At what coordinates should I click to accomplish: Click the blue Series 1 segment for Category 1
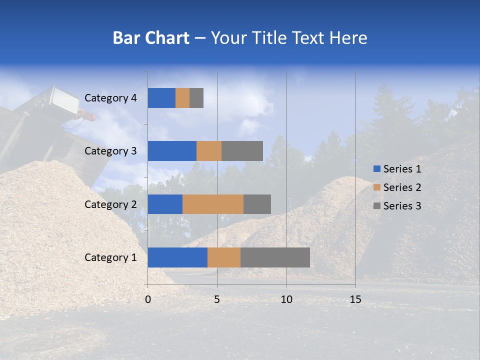pyautogui.click(x=177, y=257)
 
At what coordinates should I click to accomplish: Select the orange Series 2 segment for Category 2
pyautogui.click(x=213, y=204)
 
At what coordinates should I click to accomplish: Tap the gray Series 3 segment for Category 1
pyautogui.click(x=275, y=257)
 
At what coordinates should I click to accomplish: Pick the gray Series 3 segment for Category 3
pyautogui.click(x=242, y=151)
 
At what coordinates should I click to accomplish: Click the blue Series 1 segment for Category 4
pyautogui.click(x=161, y=98)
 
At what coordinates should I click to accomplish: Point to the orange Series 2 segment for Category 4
pyautogui.click(x=182, y=98)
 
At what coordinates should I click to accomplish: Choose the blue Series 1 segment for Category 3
pyautogui.click(x=172, y=151)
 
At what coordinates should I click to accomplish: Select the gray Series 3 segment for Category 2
pyautogui.click(x=257, y=204)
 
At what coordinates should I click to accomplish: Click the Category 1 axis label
pyautogui.click(x=110, y=257)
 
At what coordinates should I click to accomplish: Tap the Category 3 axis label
pyautogui.click(x=110, y=151)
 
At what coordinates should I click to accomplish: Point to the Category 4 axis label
pyautogui.click(x=110, y=98)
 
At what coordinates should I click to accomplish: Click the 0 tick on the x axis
pyautogui.click(x=148, y=299)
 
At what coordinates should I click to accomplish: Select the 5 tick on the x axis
pyautogui.click(x=217, y=299)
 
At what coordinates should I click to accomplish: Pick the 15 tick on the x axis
pyautogui.click(x=355, y=299)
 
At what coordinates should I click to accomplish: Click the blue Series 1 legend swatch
pyautogui.click(x=376, y=169)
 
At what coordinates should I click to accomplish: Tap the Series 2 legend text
pyautogui.click(x=402, y=187)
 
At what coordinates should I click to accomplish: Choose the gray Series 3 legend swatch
pyautogui.click(x=376, y=206)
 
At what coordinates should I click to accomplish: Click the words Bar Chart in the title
pyautogui.click(x=151, y=38)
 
